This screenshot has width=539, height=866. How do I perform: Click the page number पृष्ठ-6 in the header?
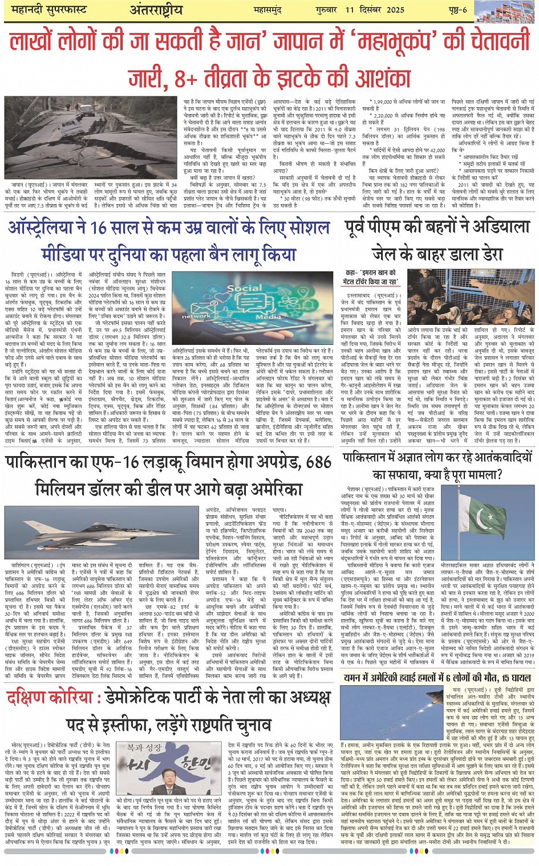pyautogui.click(x=457, y=10)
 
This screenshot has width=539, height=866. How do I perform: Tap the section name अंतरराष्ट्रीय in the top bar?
pyautogui.click(x=156, y=10)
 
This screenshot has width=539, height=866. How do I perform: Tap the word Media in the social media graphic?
pyautogui.click(x=268, y=316)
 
